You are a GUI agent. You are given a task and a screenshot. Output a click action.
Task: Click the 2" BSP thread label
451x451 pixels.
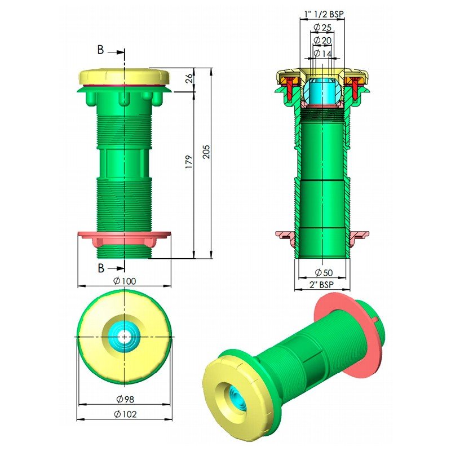[322, 285]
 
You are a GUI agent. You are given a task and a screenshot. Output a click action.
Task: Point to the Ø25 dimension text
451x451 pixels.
[322, 27]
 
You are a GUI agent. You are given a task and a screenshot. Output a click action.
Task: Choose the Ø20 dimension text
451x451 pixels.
[322, 40]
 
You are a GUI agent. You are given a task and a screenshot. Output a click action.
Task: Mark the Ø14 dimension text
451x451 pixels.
[322, 53]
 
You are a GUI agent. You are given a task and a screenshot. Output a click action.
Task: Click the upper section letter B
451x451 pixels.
[100, 50]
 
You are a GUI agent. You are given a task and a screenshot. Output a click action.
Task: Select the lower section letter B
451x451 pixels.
[100, 267]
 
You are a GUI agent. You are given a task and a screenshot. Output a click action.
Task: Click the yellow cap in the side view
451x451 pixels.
[124, 76]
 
